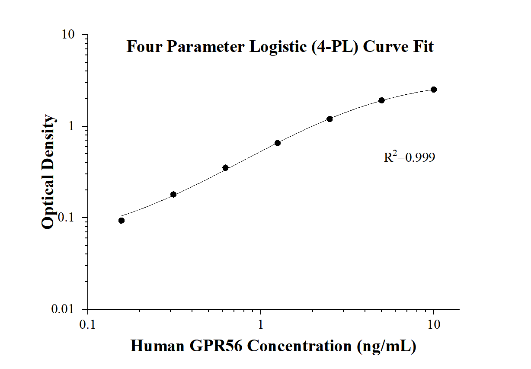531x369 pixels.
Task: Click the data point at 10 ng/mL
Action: coord(434,90)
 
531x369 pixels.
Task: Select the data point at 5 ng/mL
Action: coord(381,100)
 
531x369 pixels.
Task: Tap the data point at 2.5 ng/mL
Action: coord(329,119)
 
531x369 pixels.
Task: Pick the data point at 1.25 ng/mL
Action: coord(278,143)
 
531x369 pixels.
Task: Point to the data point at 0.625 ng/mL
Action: coord(225,168)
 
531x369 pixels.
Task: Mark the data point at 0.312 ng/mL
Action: coord(173,195)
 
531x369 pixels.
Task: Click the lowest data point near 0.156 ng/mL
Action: coord(122,221)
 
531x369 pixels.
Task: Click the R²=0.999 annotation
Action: coord(409,157)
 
